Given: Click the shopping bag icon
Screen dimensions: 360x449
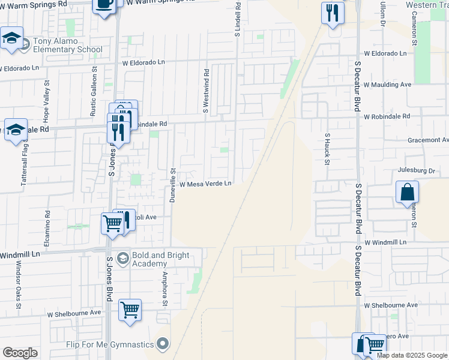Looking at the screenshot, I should point(407,193).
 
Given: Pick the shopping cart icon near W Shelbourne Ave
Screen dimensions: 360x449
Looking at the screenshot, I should point(130,310).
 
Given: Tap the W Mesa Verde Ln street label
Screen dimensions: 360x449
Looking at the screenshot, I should point(205,184).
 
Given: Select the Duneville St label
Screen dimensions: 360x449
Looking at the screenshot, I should point(172,185).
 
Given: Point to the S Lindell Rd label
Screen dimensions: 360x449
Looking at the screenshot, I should point(238,20).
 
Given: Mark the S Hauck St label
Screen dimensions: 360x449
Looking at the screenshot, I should point(328,150).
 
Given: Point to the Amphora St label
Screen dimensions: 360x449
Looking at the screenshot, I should point(164,287).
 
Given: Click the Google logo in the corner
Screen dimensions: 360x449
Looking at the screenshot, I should point(20,353).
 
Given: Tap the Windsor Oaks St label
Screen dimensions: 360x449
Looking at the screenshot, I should point(18,287).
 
